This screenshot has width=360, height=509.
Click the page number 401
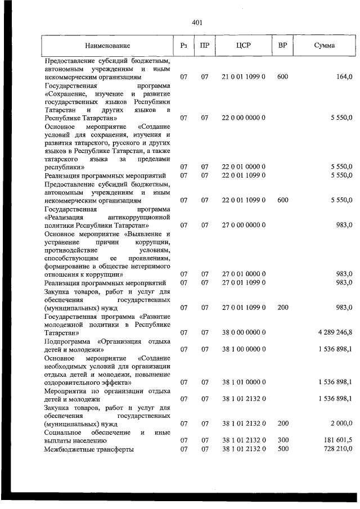pos(196,23)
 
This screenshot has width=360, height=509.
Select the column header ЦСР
pos(243,45)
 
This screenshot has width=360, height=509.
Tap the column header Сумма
pos(325,45)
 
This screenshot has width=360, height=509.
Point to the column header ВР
pos(282,45)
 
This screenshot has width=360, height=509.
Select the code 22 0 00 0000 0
pos(243,118)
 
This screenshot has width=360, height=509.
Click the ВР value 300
pos(282,440)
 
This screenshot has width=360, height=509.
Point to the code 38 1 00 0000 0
pos(243,349)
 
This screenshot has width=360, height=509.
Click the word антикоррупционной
pos(141,217)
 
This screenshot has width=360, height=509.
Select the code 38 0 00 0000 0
pos(243,332)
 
